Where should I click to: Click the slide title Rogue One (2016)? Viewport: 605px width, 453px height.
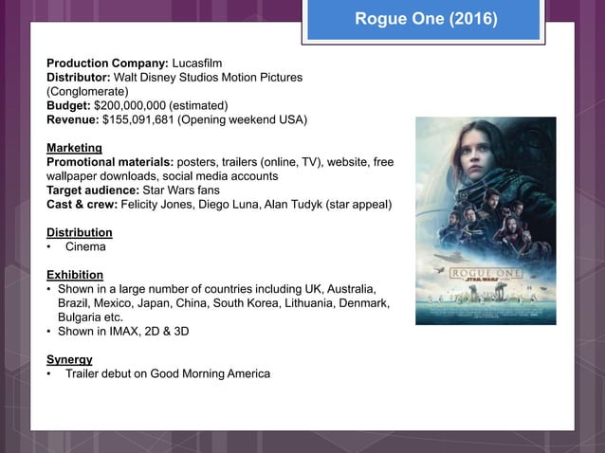[424, 19]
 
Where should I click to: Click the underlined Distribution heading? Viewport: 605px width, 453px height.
[79, 232]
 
